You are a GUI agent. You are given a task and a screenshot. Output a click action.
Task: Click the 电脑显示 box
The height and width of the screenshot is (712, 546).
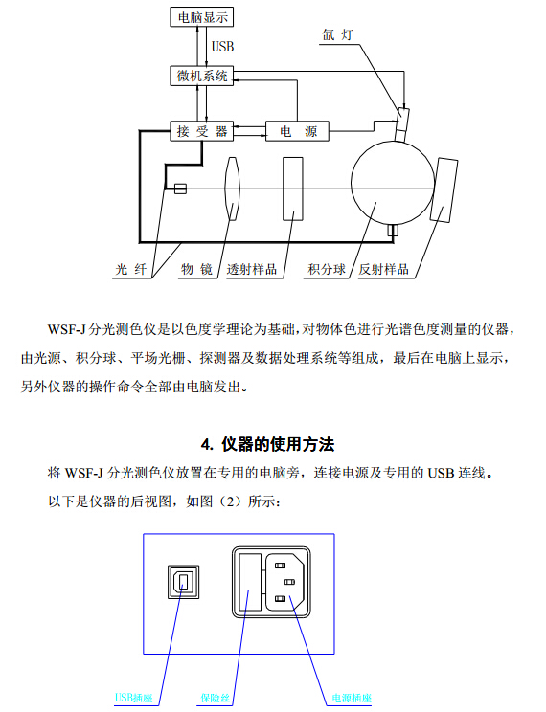pyautogui.click(x=202, y=17)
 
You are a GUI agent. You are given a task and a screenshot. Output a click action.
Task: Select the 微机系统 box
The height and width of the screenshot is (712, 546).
pyautogui.click(x=202, y=76)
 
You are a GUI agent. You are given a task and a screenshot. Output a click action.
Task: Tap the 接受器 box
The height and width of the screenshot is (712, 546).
pyautogui.click(x=202, y=131)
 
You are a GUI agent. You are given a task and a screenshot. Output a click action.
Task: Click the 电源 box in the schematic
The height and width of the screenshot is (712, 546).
pyautogui.click(x=297, y=131)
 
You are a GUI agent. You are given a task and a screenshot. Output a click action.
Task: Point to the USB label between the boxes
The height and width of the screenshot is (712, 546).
pyautogui.click(x=223, y=46)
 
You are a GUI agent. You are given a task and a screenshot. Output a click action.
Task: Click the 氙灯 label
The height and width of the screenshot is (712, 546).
pyautogui.click(x=337, y=35)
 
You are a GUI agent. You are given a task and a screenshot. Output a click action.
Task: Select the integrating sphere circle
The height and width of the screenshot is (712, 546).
pyautogui.click(x=393, y=183)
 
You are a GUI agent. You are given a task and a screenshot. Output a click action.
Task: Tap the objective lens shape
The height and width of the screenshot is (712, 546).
pyautogui.click(x=232, y=189)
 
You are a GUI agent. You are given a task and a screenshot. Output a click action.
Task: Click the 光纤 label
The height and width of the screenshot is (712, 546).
pyautogui.click(x=131, y=269)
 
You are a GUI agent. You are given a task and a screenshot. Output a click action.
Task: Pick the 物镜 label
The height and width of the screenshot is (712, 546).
pyautogui.click(x=197, y=269)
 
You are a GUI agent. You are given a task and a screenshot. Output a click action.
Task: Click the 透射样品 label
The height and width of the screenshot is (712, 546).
pyautogui.click(x=252, y=269)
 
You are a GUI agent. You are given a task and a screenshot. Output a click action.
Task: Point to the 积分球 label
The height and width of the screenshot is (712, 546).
pyautogui.click(x=327, y=269)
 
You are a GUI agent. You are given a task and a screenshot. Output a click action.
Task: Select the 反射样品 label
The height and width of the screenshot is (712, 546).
pyautogui.click(x=384, y=269)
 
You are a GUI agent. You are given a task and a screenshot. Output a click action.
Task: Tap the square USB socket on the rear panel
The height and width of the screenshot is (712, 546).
pyautogui.click(x=184, y=582)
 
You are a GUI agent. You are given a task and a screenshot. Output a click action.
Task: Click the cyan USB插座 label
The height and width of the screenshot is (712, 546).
pyautogui.click(x=134, y=698)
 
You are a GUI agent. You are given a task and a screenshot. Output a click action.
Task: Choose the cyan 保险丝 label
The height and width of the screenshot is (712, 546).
pyautogui.click(x=216, y=698)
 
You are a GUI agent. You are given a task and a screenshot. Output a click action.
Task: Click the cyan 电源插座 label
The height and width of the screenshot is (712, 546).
pyautogui.click(x=352, y=698)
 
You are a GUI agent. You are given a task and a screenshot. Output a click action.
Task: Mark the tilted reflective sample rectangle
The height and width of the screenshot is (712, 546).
pyautogui.click(x=444, y=189)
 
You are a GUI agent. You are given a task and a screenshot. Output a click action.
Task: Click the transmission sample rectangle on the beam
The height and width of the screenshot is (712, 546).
pyautogui.click(x=293, y=189)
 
